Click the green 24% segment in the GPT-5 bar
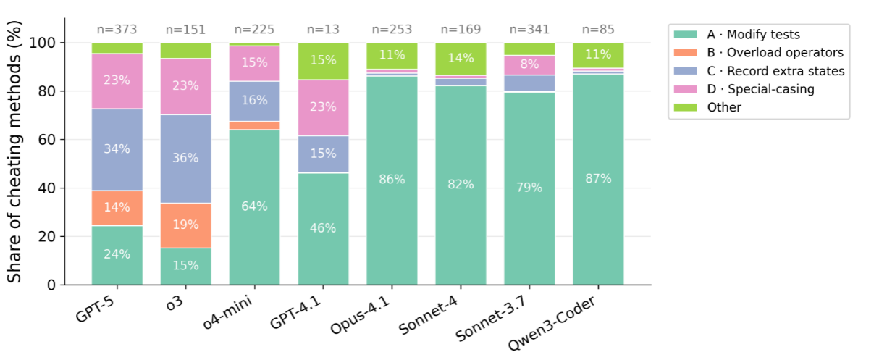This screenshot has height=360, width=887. [x=117, y=254]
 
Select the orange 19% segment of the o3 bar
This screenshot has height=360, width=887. [x=185, y=225]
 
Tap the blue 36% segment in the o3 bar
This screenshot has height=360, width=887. [x=185, y=155]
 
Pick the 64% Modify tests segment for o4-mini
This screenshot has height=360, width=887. [x=254, y=206]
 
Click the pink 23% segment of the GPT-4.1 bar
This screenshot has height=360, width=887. [x=323, y=107]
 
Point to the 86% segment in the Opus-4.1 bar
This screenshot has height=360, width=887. [x=392, y=180]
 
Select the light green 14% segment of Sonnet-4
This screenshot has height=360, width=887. [x=461, y=59]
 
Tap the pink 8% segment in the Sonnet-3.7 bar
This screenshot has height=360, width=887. [x=529, y=64]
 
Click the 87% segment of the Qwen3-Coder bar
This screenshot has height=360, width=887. [x=598, y=179]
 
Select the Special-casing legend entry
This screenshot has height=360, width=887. [x=760, y=89]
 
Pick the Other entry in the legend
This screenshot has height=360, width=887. [x=724, y=107]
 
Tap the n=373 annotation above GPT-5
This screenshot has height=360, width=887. [x=117, y=30]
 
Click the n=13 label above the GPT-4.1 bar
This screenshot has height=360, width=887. [x=323, y=30]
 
